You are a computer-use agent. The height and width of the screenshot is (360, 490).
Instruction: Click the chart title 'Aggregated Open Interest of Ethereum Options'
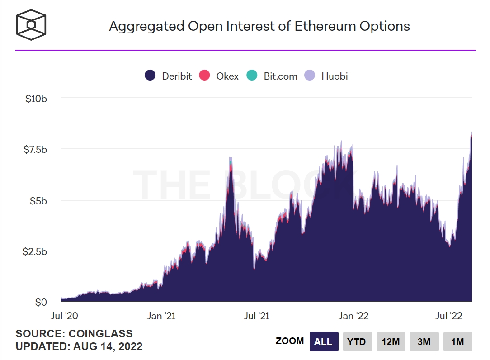(259, 26)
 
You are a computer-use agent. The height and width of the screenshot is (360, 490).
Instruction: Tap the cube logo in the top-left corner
(31, 24)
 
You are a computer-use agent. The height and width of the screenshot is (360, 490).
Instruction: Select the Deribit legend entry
(169, 76)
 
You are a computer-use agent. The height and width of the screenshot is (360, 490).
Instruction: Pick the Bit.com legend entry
(272, 76)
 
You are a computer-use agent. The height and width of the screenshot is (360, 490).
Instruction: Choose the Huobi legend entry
(327, 76)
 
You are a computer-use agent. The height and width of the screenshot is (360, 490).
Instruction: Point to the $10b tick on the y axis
(36, 98)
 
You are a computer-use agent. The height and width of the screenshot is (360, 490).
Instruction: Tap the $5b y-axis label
(38, 200)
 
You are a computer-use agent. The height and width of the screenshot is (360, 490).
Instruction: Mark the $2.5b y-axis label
(35, 251)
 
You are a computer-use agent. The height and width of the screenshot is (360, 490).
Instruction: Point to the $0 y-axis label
(41, 302)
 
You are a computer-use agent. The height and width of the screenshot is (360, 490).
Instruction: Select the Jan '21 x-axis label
(161, 316)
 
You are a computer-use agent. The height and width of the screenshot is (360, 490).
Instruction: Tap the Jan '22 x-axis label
(353, 316)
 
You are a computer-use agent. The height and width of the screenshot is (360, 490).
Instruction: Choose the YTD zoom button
(357, 341)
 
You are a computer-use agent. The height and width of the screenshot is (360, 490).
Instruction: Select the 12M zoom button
(391, 341)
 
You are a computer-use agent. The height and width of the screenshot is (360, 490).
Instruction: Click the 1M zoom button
(457, 341)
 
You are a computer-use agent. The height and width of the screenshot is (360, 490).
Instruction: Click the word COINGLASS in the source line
(100, 334)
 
